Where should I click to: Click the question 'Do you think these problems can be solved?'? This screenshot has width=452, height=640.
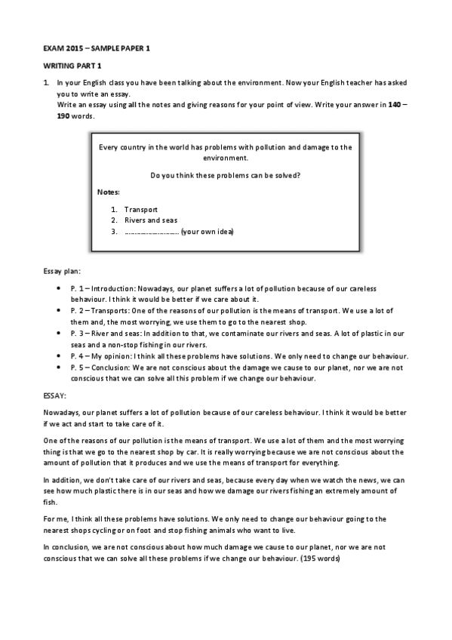click(x=226, y=175)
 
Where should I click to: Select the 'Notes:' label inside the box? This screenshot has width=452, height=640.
click(x=109, y=192)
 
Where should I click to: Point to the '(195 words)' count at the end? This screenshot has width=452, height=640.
click(x=320, y=558)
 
